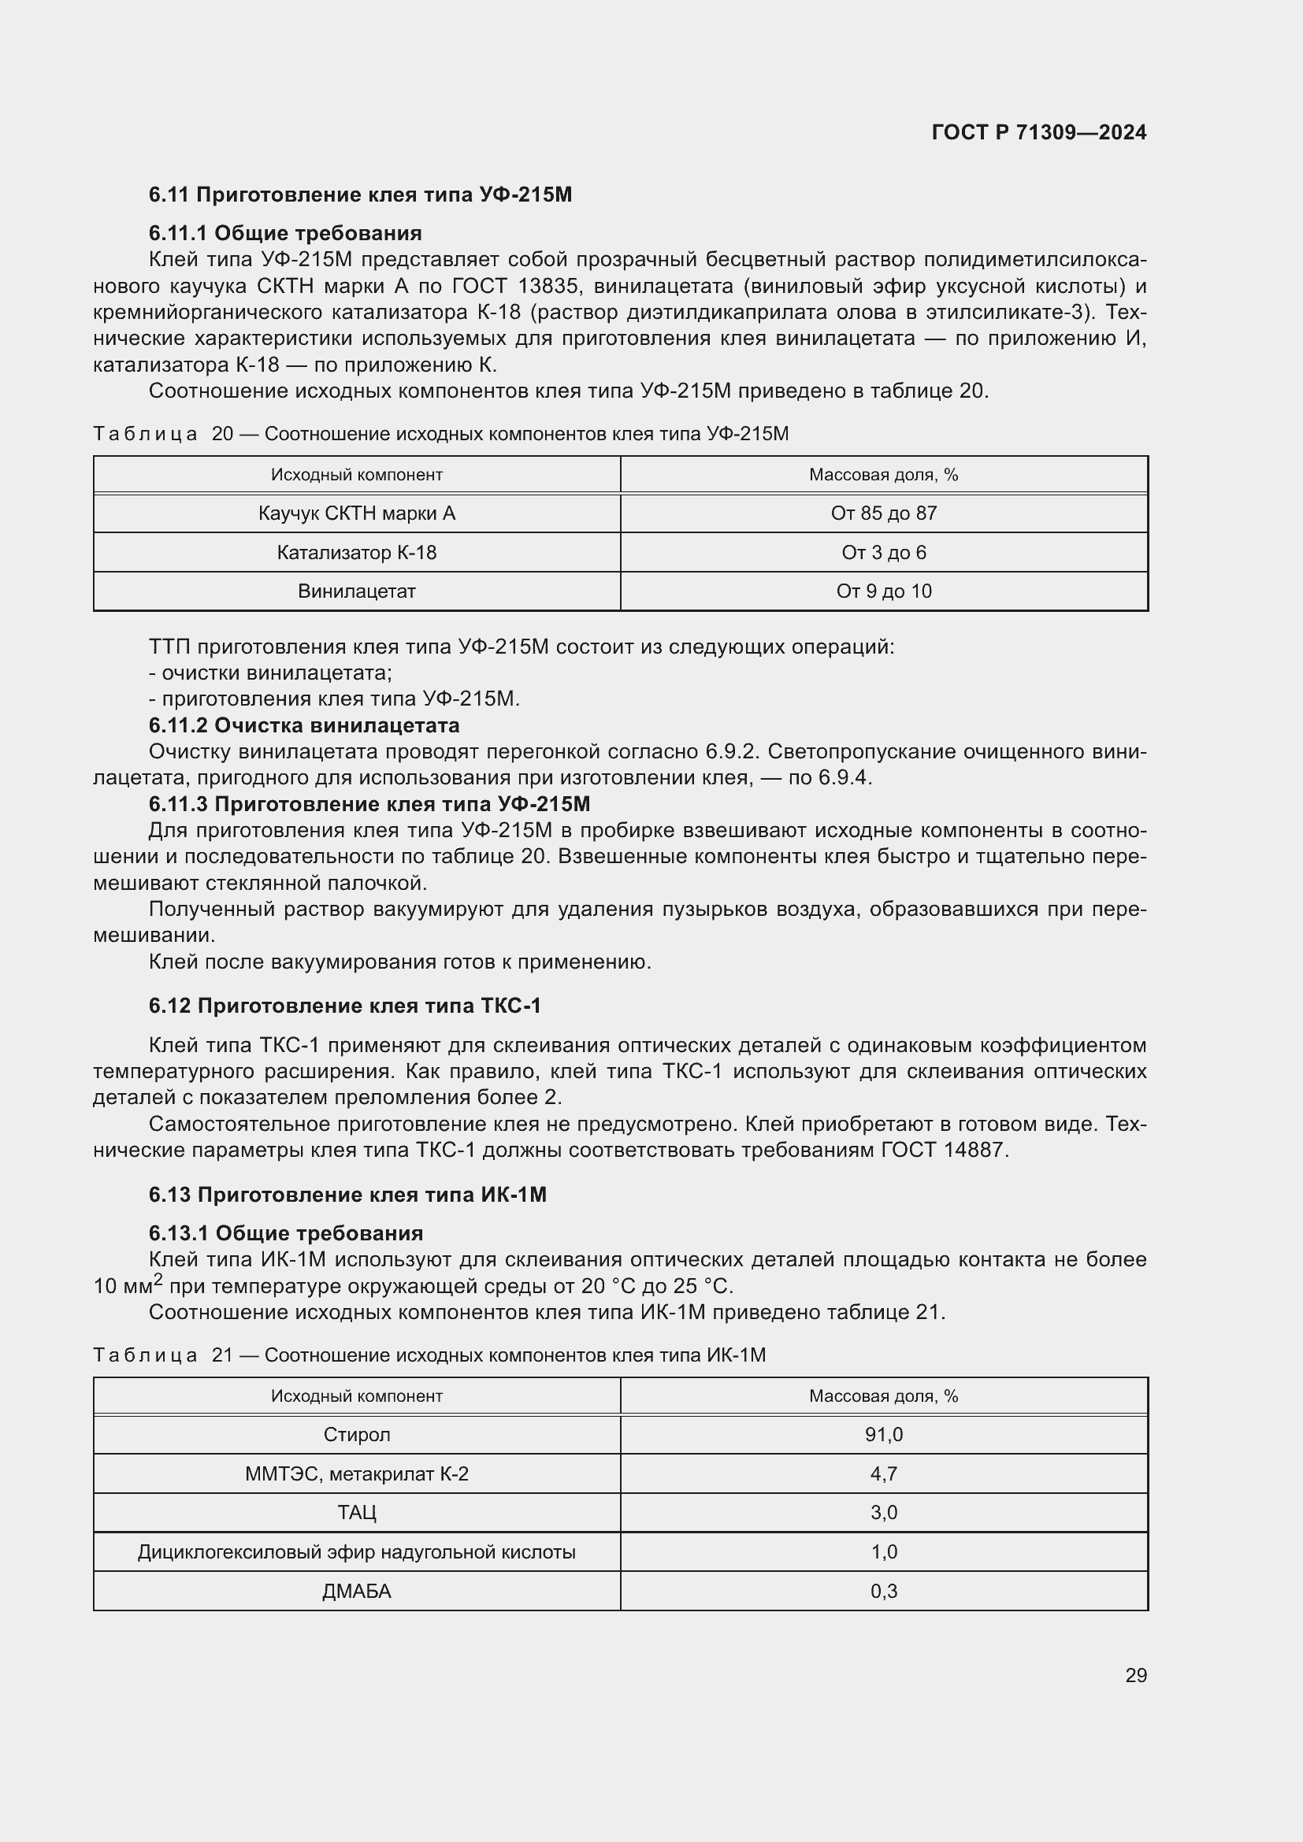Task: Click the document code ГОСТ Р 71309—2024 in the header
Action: (x=1038, y=132)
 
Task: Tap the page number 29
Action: (x=1135, y=1675)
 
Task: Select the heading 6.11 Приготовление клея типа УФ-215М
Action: (x=360, y=195)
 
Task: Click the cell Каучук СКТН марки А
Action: (x=357, y=513)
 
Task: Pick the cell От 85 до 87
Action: (x=883, y=513)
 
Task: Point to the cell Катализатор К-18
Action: (x=357, y=553)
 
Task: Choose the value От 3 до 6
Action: (x=883, y=553)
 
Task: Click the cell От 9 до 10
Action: (x=883, y=591)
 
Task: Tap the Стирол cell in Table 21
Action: (x=357, y=1434)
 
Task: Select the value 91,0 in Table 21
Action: (x=883, y=1434)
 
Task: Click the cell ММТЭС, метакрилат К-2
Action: (x=357, y=1473)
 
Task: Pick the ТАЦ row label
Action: (x=357, y=1512)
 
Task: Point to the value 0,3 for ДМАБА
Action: (x=883, y=1591)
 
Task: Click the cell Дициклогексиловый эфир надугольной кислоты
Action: (x=357, y=1551)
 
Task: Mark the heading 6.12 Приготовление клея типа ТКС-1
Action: (x=345, y=1005)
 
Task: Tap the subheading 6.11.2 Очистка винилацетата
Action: (x=304, y=725)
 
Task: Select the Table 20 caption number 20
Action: (x=222, y=434)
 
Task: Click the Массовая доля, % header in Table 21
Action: (x=883, y=1396)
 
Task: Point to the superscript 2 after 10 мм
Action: (x=158, y=1279)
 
